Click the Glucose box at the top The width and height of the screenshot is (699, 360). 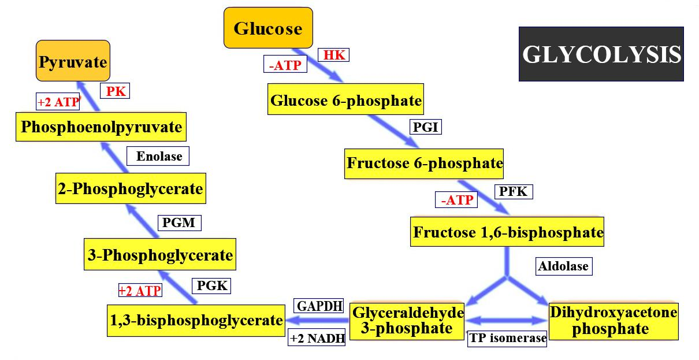(268, 28)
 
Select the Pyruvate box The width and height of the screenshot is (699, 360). (73, 61)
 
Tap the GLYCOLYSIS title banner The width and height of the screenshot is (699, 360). (601, 54)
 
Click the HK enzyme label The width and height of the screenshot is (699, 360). (334, 55)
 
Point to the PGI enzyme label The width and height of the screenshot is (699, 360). (426, 127)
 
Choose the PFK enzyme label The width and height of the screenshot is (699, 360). (513, 191)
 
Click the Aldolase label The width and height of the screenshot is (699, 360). (563, 266)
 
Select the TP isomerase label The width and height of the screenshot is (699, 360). (507, 338)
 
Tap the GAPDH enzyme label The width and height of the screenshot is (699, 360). (319, 306)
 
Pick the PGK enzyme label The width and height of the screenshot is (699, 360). (212, 285)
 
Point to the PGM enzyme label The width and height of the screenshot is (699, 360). (179, 222)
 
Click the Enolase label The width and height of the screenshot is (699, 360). (158, 155)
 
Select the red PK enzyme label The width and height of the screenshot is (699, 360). (116, 91)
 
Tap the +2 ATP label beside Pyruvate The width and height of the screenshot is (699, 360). (58, 102)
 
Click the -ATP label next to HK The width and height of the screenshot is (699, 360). (285, 65)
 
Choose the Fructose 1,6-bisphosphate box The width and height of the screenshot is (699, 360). (507, 232)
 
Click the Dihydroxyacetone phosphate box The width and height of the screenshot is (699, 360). (613, 321)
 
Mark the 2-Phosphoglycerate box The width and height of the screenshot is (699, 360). (131, 188)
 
